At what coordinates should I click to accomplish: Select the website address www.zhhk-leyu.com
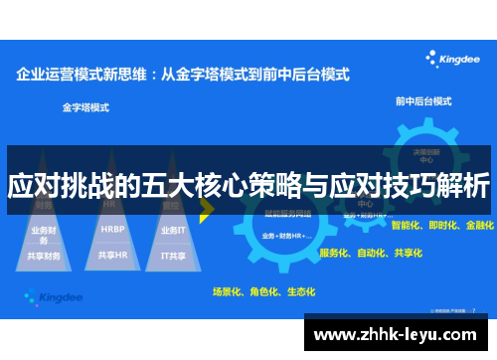tap(398, 335)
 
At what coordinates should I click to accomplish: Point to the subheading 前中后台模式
tap(423, 101)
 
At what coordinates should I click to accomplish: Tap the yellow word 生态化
tap(300, 291)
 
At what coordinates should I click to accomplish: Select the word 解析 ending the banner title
tap(463, 186)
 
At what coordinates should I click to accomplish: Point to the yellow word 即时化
tap(443, 226)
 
